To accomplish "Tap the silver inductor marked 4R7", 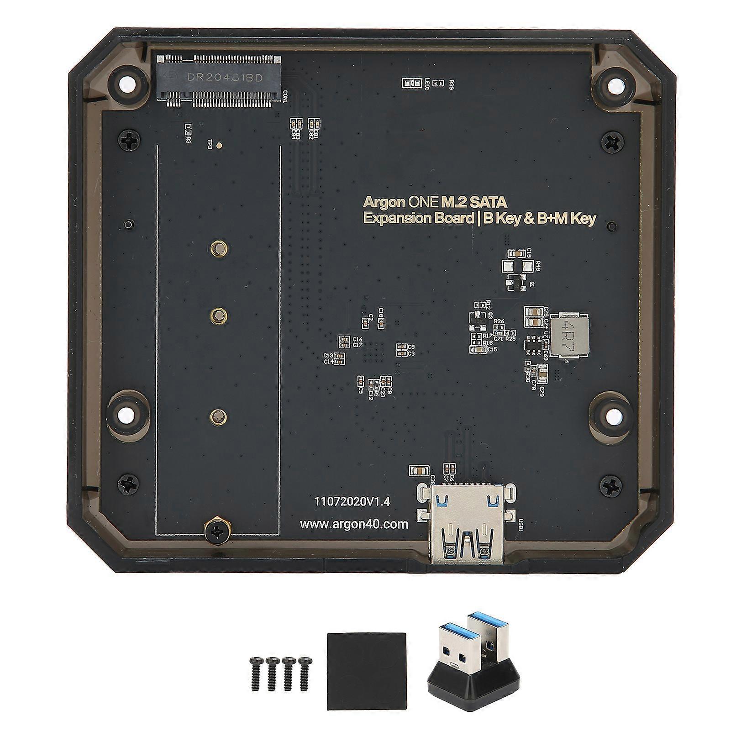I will pos(569,335).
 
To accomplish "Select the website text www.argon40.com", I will pos(354,524).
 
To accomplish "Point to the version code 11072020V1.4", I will pos(352,501).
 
